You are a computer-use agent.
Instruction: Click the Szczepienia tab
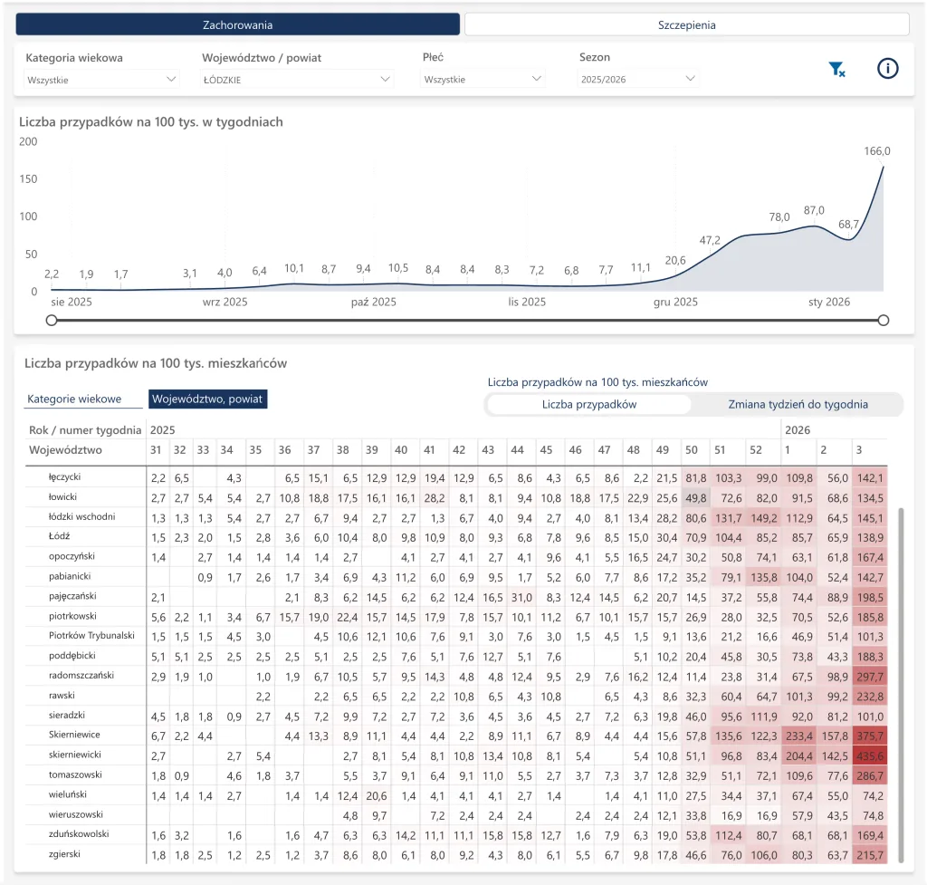click(x=686, y=24)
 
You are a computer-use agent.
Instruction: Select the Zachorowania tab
click(x=238, y=24)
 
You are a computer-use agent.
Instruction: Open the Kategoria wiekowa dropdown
click(x=101, y=80)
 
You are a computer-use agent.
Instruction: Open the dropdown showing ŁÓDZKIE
click(x=296, y=80)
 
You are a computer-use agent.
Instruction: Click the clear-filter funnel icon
click(x=836, y=69)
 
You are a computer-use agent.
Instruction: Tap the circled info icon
click(x=887, y=69)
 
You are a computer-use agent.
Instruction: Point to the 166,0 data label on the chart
click(x=876, y=151)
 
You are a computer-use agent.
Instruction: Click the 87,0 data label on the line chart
click(x=814, y=210)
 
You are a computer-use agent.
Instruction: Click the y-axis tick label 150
click(x=28, y=178)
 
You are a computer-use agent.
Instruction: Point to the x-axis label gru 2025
click(x=675, y=302)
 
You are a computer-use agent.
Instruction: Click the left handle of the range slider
click(x=52, y=320)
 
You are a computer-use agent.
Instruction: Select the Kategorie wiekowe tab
click(x=74, y=399)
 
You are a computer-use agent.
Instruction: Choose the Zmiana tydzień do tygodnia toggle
click(x=798, y=404)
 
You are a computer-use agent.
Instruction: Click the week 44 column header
click(x=517, y=449)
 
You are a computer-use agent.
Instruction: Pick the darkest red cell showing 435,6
click(x=870, y=756)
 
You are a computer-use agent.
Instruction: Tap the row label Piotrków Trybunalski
click(x=91, y=635)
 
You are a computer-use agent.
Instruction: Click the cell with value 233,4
click(x=799, y=736)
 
